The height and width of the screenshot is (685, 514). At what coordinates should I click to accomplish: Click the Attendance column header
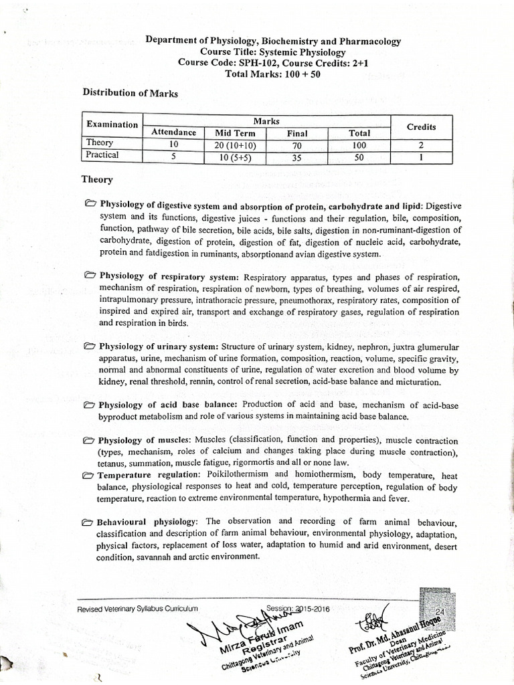pos(173,132)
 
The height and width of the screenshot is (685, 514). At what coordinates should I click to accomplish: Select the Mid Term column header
pos(232,132)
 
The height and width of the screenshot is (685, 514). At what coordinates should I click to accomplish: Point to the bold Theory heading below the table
pos(97,179)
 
